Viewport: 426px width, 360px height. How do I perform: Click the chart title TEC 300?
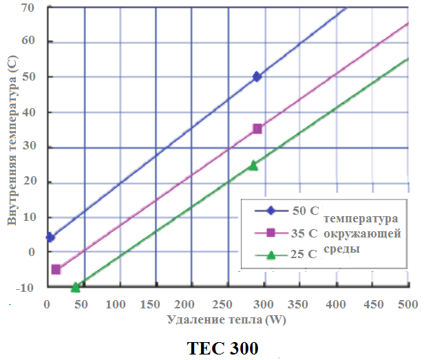point(222,348)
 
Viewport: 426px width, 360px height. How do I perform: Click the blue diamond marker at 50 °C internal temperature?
point(257,76)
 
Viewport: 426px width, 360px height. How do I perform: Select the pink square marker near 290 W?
point(257,129)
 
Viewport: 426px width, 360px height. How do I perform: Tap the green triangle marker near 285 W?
point(253,165)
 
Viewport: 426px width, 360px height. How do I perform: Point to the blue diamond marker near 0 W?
point(50,237)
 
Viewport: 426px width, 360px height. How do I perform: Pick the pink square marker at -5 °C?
point(56,269)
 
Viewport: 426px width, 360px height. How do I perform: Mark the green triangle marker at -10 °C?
point(75,287)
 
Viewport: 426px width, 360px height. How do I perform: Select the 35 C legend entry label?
point(304,233)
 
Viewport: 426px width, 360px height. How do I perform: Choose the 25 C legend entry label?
point(304,254)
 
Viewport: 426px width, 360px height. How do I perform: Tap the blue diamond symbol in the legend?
point(271,211)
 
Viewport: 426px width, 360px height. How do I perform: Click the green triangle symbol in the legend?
point(271,255)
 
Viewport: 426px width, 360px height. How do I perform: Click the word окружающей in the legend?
point(362,234)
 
